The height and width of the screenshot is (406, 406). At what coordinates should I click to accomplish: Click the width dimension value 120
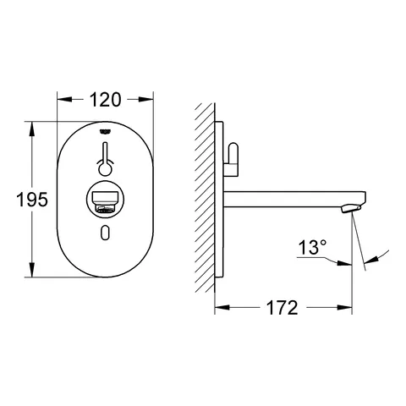pyautogui.click(x=104, y=100)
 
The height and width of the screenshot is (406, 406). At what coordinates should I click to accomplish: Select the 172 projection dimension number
pyautogui.click(x=283, y=307)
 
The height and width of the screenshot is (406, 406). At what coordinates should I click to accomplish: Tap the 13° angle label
pyautogui.click(x=312, y=248)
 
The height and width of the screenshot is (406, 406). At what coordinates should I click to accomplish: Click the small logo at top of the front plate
pyautogui.click(x=104, y=130)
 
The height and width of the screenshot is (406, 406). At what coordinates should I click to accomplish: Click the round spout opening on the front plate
pyautogui.click(x=104, y=202)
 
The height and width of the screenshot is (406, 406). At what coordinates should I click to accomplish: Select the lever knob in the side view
pyautogui.click(x=234, y=157)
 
